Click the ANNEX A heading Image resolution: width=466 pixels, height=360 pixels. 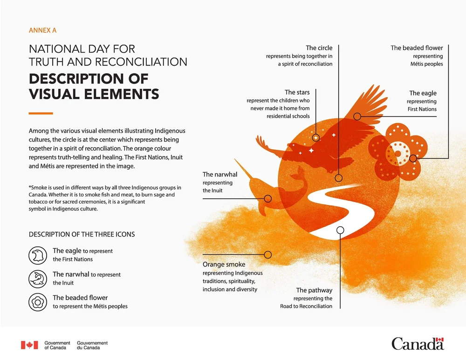click(x=42, y=31)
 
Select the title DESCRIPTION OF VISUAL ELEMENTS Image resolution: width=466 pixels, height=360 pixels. click(x=94, y=86)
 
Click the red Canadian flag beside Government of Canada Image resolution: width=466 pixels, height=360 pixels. click(x=29, y=345)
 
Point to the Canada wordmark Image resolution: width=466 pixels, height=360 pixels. click(x=418, y=344)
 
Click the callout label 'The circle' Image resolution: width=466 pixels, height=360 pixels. click(x=319, y=48)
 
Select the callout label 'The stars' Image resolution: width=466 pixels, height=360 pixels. click(x=297, y=92)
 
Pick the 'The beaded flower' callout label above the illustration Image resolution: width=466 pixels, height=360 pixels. click(x=417, y=48)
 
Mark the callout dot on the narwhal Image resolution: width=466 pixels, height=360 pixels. click(x=267, y=198)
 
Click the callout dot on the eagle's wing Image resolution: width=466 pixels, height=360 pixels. click(x=357, y=116)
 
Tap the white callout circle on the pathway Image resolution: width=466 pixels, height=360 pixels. click(x=340, y=230)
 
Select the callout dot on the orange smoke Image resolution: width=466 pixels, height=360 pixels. click(x=267, y=255)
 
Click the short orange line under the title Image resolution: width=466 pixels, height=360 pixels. click(x=41, y=113)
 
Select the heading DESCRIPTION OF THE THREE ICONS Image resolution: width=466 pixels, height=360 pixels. click(x=82, y=234)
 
